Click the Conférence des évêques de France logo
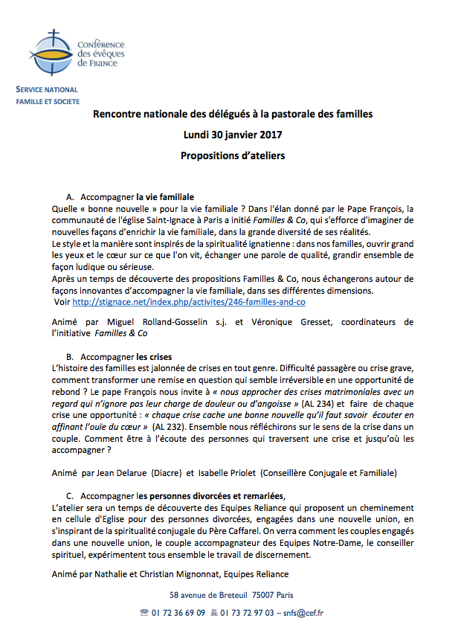(x=67, y=48)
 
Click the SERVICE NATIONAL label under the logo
(x=46, y=89)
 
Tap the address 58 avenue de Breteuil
(x=213, y=595)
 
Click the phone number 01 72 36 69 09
(x=179, y=613)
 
